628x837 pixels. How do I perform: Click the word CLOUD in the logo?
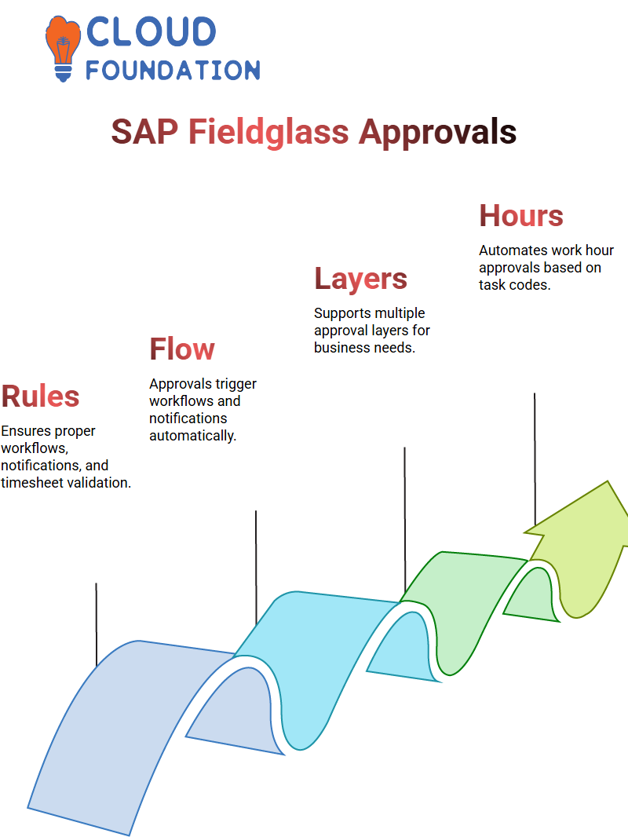[x=151, y=31]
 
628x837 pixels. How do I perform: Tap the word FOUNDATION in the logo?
[x=173, y=70]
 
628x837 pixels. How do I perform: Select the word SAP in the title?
[x=144, y=131]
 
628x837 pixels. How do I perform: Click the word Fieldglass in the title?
[x=268, y=132]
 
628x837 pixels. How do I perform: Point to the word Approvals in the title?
[x=437, y=133]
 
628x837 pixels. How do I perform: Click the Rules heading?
[x=41, y=396]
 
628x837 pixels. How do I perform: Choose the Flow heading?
[x=182, y=349]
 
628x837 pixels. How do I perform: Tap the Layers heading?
[x=360, y=279]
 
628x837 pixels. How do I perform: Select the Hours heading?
[x=521, y=216]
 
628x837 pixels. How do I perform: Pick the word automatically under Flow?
[x=192, y=436]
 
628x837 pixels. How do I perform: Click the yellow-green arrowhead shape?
[x=577, y=549]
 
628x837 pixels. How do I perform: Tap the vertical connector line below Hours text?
[x=535, y=459]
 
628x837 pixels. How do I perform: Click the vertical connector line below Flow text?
[x=256, y=568]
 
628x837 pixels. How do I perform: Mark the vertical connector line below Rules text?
[x=97, y=624]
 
